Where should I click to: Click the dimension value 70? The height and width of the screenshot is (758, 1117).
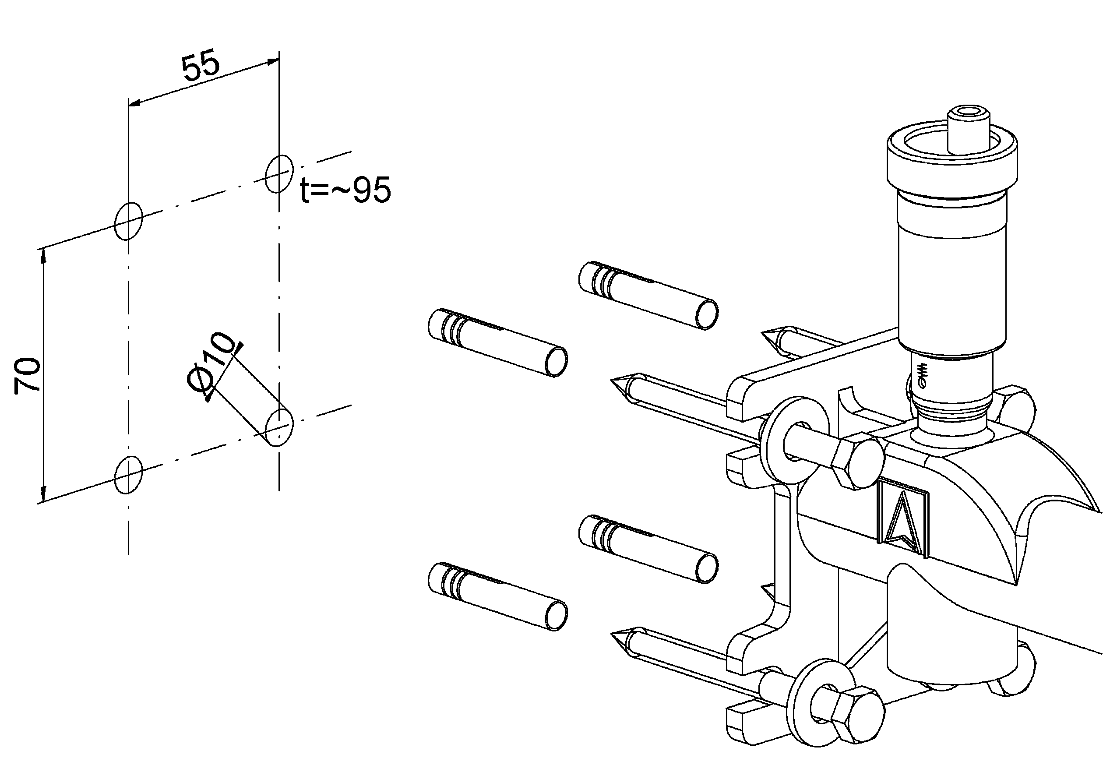pos(26,376)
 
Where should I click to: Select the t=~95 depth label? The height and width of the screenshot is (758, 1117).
pos(345,191)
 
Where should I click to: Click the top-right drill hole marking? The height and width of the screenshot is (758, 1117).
pos(279,173)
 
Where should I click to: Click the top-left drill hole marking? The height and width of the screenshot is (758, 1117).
pos(128,221)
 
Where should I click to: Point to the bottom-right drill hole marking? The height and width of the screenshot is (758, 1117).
pos(279,428)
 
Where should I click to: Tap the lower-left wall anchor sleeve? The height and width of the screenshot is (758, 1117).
pos(497,596)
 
